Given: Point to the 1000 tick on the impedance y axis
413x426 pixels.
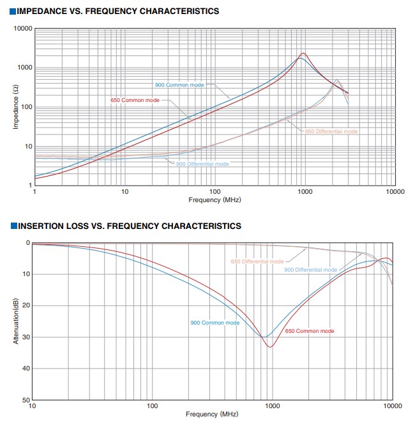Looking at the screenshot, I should (x=24, y=68).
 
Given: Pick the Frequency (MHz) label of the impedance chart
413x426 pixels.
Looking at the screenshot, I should (x=214, y=200).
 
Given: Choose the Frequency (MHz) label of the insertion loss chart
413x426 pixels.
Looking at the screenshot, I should (x=213, y=414).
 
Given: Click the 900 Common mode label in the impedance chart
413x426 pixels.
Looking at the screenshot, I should (x=180, y=85).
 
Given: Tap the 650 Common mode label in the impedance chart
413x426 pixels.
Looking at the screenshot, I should (x=135, y=100).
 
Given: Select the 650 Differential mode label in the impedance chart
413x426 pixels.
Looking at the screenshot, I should (x=331, y=131).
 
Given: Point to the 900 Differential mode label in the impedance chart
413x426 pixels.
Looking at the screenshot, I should (x=202, y=164).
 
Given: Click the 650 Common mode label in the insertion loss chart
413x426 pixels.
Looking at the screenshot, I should (x=310, y=331).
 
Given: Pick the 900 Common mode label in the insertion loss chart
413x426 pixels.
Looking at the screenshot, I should (x=215, y=323).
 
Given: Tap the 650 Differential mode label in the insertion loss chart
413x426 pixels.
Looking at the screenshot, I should (x=257, y=261).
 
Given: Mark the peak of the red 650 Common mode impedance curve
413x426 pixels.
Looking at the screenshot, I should (x=303, y=54).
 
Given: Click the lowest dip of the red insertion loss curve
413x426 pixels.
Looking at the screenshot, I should (x=270, y=347).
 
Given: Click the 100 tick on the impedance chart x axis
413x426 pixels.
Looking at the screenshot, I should (x=214, y=191).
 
